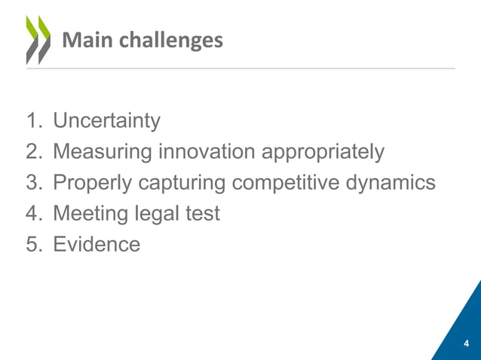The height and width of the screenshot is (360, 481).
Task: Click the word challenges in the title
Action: tap(166, 41)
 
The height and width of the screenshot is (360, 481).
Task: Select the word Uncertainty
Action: tap(106, 121)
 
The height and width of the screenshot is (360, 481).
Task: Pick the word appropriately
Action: tap(323, 154)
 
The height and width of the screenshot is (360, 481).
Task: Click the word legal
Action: tap(158, 215)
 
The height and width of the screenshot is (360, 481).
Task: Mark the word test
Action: tap(203, 214)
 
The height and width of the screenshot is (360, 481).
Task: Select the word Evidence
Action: tap(97, 245)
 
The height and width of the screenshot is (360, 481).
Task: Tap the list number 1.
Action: tap(34, 121)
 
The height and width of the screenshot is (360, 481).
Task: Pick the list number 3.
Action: tap(34, 183)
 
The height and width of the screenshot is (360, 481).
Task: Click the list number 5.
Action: tap(34, 245)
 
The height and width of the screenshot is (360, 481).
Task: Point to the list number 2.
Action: tap(34, 152)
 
